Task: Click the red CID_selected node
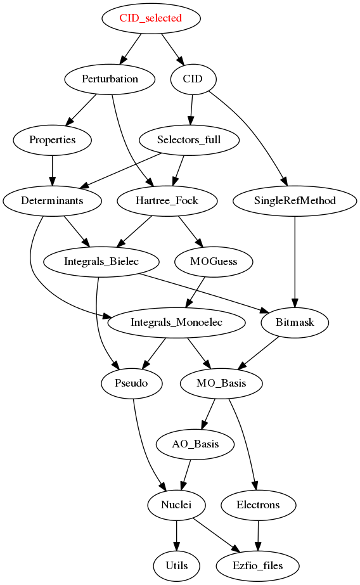[x=151, y=18]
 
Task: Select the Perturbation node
[x=110, y=79]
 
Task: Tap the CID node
[x=193, y=79]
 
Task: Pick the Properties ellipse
[x=52, y=140]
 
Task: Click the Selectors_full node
[x=189, y=140]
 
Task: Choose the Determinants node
[x=52, y=201]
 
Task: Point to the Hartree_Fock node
[x=167, y=201]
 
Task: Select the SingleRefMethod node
[x=295, y=201]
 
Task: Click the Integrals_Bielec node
[x=101, y=262]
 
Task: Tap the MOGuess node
[x=214, y=262]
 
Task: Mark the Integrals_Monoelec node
[x=176, y=323]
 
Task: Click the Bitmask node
[x=295, y=323]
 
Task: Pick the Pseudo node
[x=131, y=383]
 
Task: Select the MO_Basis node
[x=221, y=383]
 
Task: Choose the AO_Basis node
[x=195, y=444]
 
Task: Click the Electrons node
[x=258, y=505]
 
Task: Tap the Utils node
[x=176, y=565]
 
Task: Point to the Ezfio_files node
[x=257, y=565]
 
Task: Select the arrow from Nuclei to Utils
[x=176, y=536]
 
